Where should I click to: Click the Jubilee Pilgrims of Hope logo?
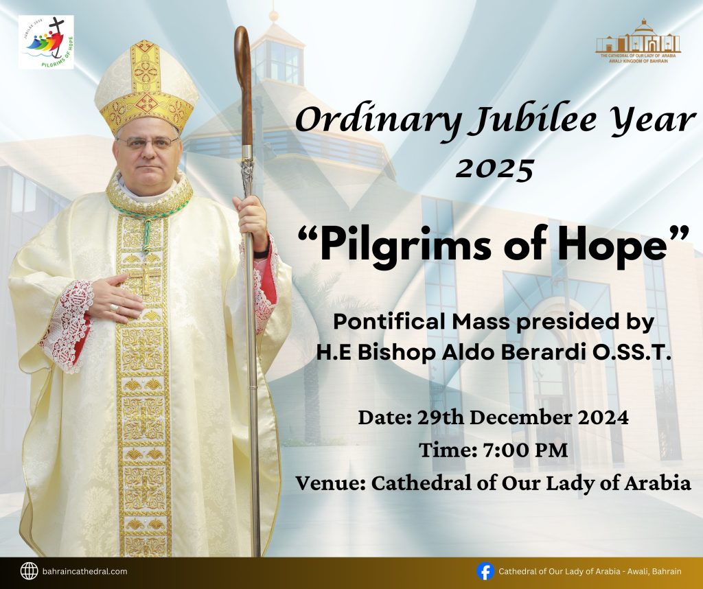tap(46, 42)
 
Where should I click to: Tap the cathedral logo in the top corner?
tap(638, 41)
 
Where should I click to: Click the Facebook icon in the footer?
tap(485, 572)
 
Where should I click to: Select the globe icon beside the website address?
tap(29, 571)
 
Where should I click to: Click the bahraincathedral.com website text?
tap(84, 572)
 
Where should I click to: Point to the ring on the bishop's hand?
tap(114, 308)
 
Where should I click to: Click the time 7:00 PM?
tap(525, 450)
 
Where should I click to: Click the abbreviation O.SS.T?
tap(632, 352)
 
